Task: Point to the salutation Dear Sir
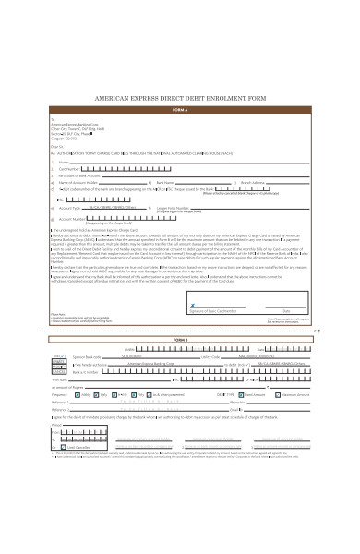click(58, 147)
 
